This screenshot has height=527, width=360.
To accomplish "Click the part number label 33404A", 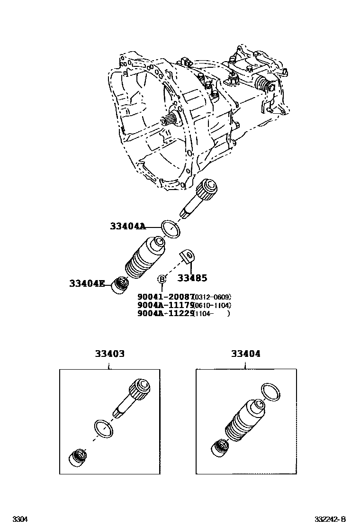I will [128, 227].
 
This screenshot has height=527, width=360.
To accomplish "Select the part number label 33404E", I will [87, 284].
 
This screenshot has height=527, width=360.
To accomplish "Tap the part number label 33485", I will [192, 278].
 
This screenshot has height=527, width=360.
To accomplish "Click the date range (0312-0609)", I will [212, 297].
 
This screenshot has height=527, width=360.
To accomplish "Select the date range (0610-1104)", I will [212, 305].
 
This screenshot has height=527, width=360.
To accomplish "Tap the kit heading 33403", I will [109, 354].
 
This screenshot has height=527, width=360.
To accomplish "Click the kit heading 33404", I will [245, 354].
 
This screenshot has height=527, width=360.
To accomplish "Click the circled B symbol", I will [162, 278].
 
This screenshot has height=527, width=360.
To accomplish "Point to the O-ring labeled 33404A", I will [171, 229].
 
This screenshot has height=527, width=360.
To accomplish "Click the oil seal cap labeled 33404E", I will [120, 285].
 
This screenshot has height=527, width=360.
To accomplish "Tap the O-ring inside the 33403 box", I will [104, 428].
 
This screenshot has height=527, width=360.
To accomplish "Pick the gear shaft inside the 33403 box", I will [133, 397].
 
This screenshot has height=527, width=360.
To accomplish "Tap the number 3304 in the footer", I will [20, 519].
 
